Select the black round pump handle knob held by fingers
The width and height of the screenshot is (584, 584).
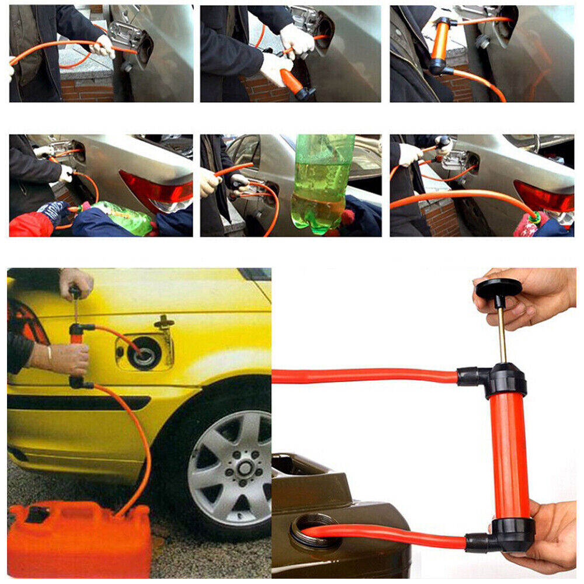tap(498, 287)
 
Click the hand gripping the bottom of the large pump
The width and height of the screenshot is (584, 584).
tap(546, 534)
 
